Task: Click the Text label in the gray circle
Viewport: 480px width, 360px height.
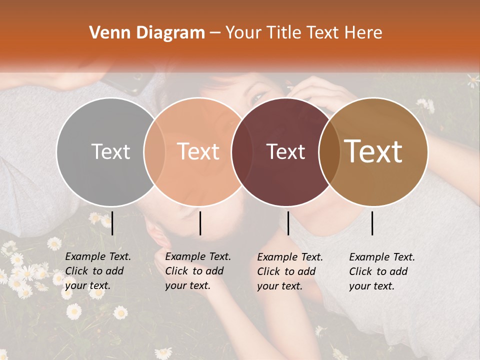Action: click(110, 151)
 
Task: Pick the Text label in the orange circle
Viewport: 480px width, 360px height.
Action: click(198, 151)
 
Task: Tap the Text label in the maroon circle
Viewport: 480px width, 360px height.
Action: click(286, 151)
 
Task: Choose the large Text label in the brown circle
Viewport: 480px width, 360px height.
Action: click(373, 151)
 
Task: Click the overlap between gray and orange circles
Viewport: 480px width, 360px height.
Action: click(154, 151)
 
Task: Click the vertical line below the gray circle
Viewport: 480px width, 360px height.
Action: click(112, 223)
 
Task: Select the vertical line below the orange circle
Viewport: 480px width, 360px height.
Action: click(200, 223)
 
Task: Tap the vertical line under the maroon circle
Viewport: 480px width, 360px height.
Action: click(288, 223)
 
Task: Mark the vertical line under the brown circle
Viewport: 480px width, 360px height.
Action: click(372, 223)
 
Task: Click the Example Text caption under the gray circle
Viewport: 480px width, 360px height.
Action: click(97, 271)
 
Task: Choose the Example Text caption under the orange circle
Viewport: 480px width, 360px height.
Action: click(197, 271)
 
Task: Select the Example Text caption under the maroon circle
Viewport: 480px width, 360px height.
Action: click(289, 271)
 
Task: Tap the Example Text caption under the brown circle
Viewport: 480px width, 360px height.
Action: click(381, 271)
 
